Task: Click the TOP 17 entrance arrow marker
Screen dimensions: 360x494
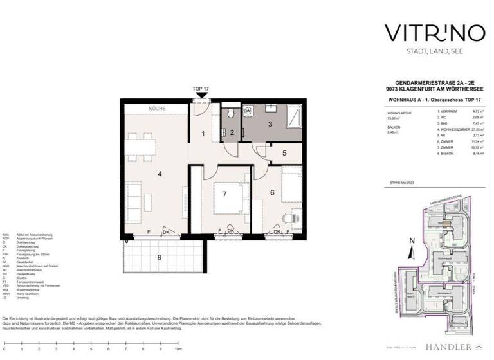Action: [201, 95]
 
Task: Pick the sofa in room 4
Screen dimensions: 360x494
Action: [183, 204]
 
